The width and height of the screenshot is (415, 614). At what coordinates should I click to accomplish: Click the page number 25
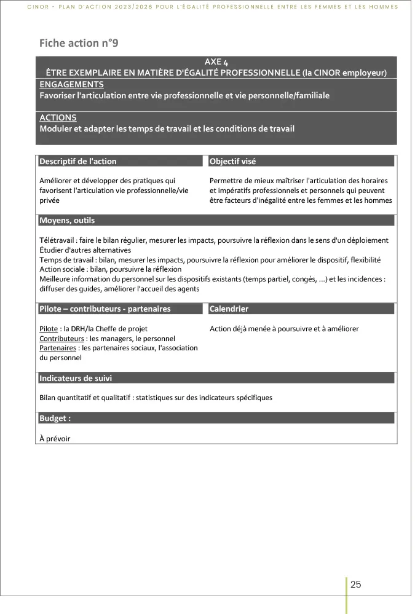point(355,584)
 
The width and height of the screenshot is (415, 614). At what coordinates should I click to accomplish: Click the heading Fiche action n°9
point(77,43)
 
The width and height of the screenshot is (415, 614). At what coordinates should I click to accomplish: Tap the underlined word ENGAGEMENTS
point(71,84)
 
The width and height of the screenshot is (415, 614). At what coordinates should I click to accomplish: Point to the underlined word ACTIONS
point(58,117)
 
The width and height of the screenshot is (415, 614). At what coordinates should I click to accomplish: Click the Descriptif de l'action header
point(78,162)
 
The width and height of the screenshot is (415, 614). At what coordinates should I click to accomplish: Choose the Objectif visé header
point(232,162)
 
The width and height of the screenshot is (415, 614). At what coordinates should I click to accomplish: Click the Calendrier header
point(229,309)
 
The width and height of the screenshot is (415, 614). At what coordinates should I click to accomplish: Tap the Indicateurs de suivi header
point(76,379)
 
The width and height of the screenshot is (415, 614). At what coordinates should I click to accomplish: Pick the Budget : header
point(55,418)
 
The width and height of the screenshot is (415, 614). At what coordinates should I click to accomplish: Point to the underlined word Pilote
point(49,329)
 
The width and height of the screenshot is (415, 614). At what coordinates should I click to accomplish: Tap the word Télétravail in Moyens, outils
point(57,240)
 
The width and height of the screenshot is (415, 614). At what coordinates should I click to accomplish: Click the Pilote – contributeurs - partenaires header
point(105,309)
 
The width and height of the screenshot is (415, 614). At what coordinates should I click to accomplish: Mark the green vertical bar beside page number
point(347,595)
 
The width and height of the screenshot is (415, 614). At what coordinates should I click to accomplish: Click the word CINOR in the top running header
point(38,7)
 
